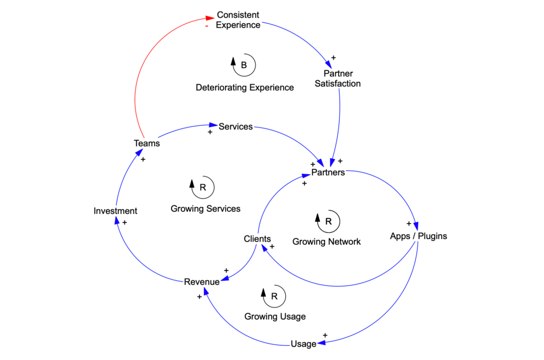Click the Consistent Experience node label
click(238, 20)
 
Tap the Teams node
click(147, 143)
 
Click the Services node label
click(235, 127)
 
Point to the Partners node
click(328, 173)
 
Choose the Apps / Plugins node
click(418, 236)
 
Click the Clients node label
click(257, 239)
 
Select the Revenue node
click(201, 282)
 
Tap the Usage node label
click(303, 344)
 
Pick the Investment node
click(115, 211)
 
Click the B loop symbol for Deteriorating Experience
click(244, 65)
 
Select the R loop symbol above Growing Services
click(202, 187)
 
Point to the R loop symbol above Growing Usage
click(274, 296)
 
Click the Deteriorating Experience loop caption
click(244, 88)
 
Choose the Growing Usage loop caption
click(275, 316)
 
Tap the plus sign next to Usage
click(325, 335)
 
